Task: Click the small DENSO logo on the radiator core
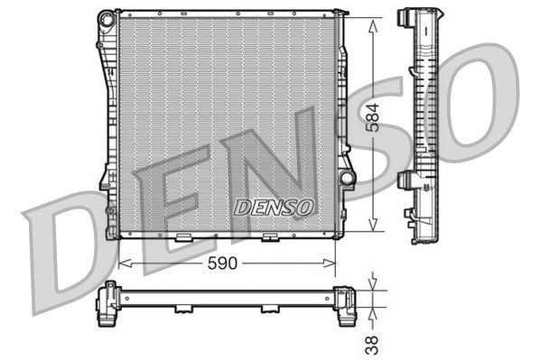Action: coord(274,207)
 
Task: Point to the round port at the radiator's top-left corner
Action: coord(107,18)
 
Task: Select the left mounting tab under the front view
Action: coord(184,238)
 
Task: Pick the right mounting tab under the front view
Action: coord(268,238)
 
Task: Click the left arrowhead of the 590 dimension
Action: coord(124,263)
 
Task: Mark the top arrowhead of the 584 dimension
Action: coord(372,19)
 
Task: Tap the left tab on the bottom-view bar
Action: coord(184,309)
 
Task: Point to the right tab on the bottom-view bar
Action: coord(268,309)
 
